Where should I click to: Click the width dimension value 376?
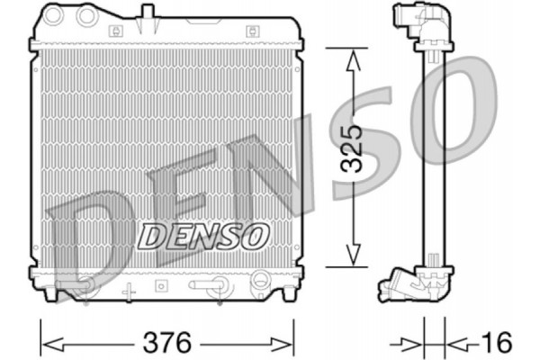167,343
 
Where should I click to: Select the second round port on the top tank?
87,16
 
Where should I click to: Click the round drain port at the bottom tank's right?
260,280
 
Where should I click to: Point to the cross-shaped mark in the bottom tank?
128,291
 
